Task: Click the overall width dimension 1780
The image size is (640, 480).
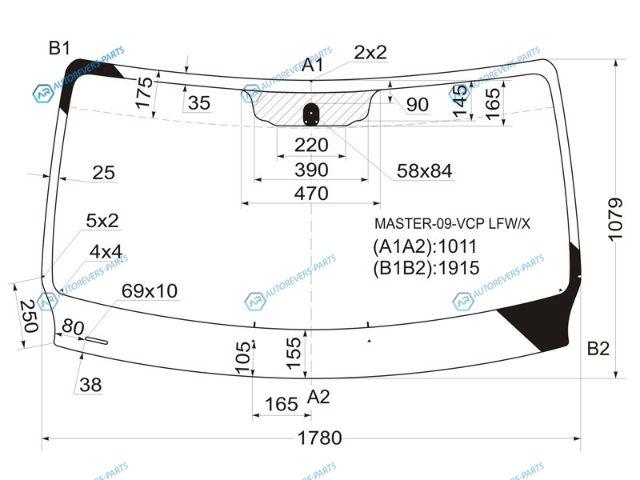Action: click(x=319, y=438)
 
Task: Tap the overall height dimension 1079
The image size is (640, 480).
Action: click(x=615, y=219)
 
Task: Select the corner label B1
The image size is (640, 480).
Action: click(x=59, y=48)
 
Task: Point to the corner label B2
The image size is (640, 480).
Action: click(x=598, y=349)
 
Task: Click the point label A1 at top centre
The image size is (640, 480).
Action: click(x=313, y=65)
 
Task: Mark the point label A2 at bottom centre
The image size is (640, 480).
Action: click(x=318, y=396)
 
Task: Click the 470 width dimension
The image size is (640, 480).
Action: click(x=311, y=193)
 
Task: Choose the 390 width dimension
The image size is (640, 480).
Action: click(x=311, y=170)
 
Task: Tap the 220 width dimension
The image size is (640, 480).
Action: click(x=311, y=145)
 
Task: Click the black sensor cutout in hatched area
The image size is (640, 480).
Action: click(x=311, y=114)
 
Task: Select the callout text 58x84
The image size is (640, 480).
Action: click(x=425, y=171)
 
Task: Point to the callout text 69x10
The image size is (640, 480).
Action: click(x=150, y=291)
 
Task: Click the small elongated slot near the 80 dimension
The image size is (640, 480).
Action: click(x=96, y=341)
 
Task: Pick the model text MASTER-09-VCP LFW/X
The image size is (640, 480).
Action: click(x=452, y=224)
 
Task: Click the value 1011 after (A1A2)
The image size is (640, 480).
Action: click(x=457, y=246)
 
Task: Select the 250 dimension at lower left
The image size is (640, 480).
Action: click(x=29, y=316)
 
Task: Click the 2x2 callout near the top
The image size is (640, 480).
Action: click(x=370, y=52)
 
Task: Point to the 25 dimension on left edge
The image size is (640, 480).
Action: click(x=103, y=173)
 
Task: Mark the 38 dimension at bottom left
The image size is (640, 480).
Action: click(x=90, y=385)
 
